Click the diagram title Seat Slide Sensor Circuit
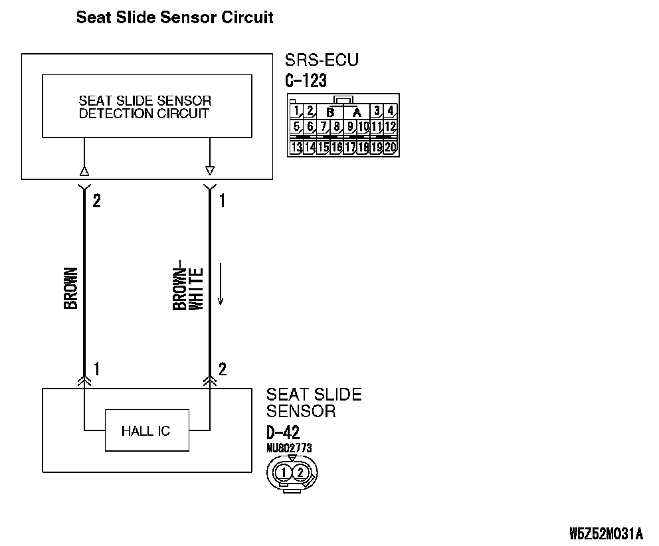tap(175, 17)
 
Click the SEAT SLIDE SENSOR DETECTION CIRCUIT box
tap(147, 106)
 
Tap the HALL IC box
tap(146, 430)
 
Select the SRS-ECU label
tap(322, 60)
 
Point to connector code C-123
tap(306, 80)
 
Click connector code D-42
tap(283, 432)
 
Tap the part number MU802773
tap(288, 448)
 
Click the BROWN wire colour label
tap(70, 288)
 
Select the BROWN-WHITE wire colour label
tap(188, 288)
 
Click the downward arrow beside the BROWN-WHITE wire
tap(221, 286)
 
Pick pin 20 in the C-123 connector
tap(391, 147)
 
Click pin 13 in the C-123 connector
tap(296, 147)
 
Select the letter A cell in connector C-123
tap(357, 112)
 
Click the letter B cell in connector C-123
tap(330, 112)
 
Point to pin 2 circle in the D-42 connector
tap(300, 473)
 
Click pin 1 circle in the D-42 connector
tap(284, 473)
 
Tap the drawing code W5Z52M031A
tap(606, 533)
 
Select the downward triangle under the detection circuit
tap(210, 169)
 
